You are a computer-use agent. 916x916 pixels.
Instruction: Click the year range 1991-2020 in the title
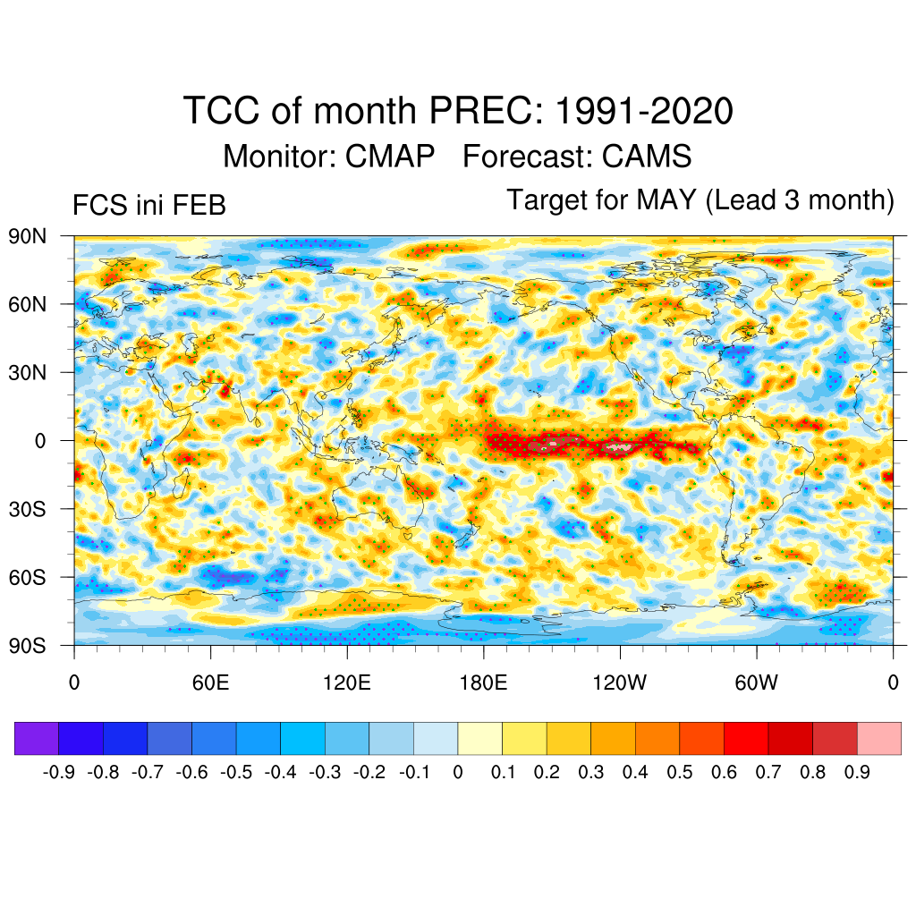pyautogui.click(x=644, y=112)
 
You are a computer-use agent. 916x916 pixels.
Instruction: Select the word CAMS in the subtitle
pyautogui.click(x=647, y=157)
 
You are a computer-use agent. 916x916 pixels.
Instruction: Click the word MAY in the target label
pyautogui.click(x=666, y=200)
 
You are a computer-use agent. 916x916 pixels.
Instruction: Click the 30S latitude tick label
pyautogui.click(x=27, y=509)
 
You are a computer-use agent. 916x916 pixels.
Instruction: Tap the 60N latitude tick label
pyautogui.click(x=27, y=305)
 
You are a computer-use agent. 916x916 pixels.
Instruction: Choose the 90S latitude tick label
pyautogui.click(x=27, y=645)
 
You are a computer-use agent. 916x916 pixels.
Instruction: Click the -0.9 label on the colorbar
pyautogui.click(x=60, y=772)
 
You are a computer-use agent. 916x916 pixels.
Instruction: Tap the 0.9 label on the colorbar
pyautogui.click(x=857, y=772)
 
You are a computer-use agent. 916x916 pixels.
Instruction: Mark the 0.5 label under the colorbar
pyautogui.click(x=680, y=772)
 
